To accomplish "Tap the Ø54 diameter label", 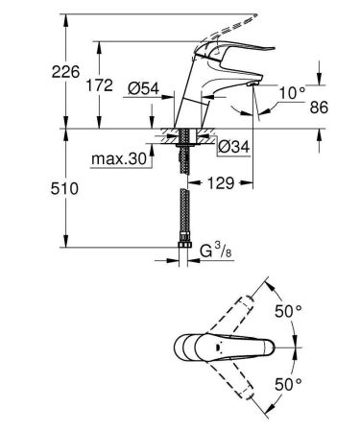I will coord(144,88).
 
